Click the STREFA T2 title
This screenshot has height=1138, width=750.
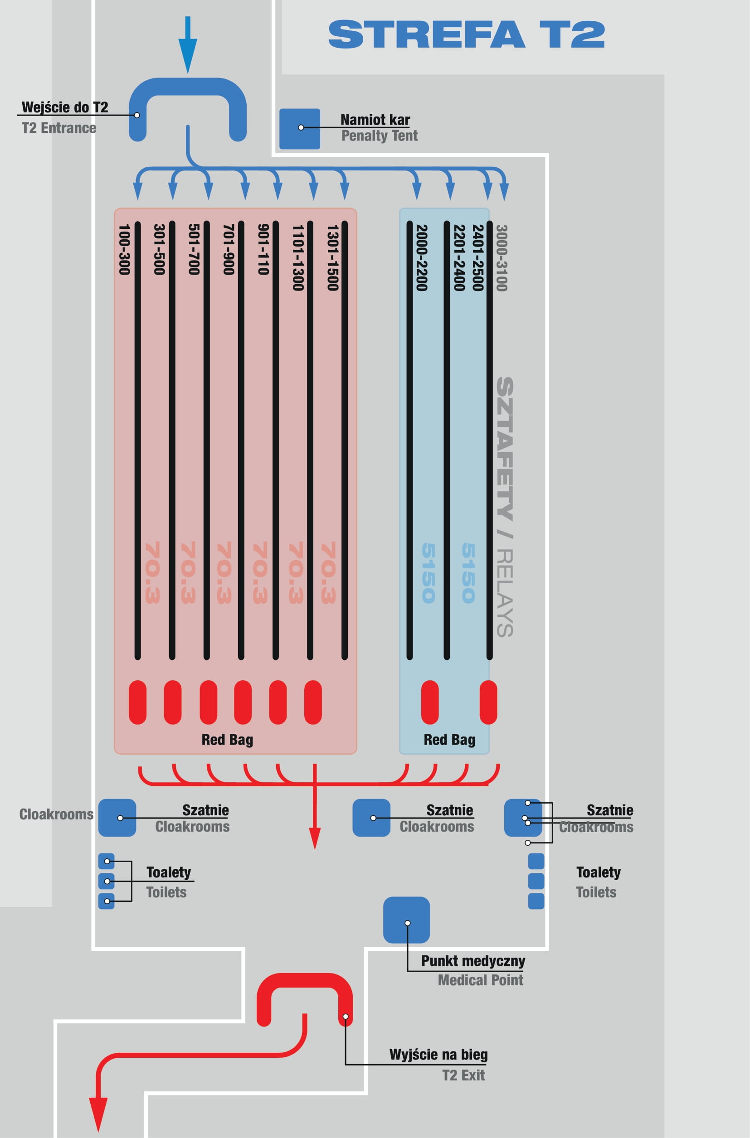[466, 34]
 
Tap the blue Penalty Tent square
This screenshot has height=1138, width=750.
[299, 129]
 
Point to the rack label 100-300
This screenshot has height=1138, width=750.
[124, 250]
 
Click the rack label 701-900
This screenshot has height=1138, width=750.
[229, 250]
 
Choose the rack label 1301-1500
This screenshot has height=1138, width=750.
[332, 258]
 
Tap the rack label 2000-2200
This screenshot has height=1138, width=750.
[421, 258]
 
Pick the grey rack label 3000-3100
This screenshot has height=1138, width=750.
[501, 258]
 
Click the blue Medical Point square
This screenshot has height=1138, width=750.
[407, 920]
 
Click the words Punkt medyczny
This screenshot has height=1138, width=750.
[473, 961]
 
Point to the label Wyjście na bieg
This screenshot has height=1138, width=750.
[438, 1054]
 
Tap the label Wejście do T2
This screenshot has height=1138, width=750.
[65, 107]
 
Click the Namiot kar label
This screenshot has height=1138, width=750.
[375, 120]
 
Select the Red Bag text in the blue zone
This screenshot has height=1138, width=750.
[450, 740]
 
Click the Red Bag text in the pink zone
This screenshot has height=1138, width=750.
[227, 740]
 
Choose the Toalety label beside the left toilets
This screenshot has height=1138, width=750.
[168, 872]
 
